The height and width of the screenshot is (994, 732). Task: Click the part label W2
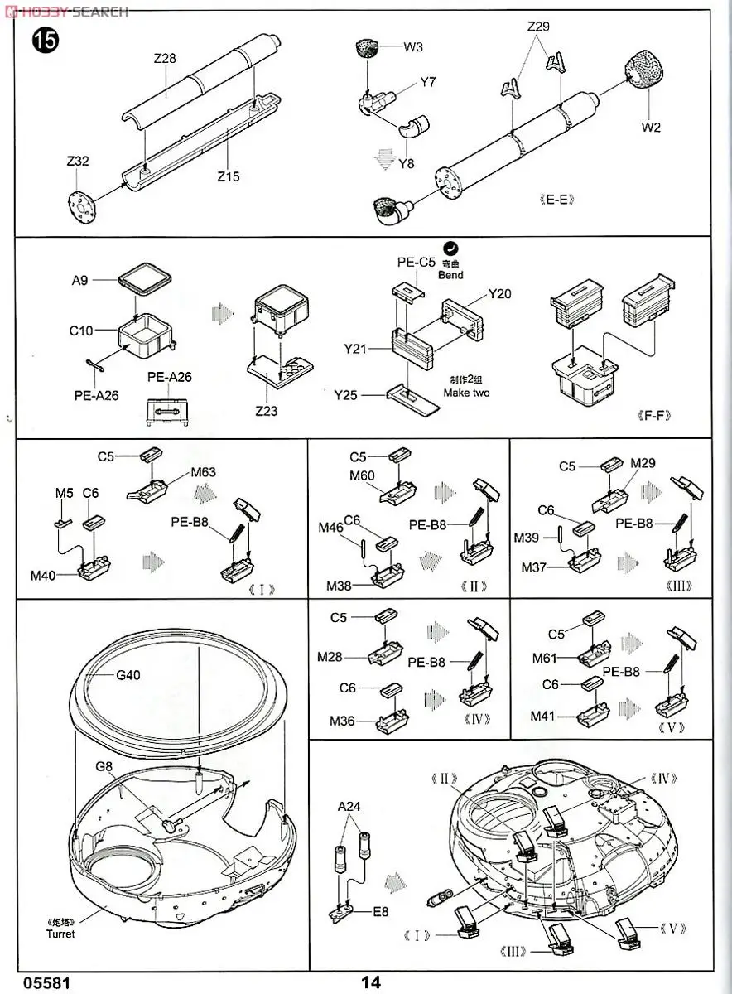tap(650, 128)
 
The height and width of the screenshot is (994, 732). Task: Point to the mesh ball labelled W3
tap(367, 48)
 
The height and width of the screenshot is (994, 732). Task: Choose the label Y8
tap(406, 163)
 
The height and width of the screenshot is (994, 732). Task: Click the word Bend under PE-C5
tap(452, 275)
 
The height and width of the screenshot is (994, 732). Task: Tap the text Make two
tap(465, 393)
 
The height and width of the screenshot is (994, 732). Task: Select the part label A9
tap(79, 280)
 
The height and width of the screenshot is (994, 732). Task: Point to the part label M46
tap(330, 528)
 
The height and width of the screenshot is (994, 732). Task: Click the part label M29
tap(643, 462)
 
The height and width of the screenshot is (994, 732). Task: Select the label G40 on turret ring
tap(128, 674)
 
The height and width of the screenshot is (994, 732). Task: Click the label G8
tap(104, 765)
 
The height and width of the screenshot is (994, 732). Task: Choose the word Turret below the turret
tap(60, 934)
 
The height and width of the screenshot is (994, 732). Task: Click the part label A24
tap(349, 806)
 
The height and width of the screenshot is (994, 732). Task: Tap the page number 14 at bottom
tap(371, 982)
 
